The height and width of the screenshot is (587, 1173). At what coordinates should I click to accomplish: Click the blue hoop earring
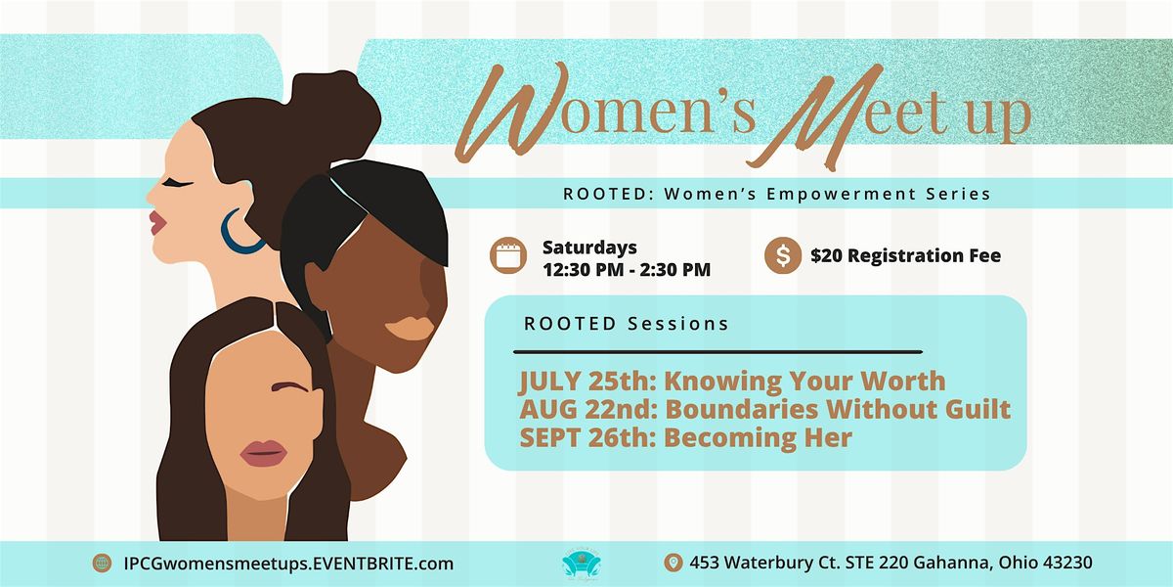[x=231, y=245]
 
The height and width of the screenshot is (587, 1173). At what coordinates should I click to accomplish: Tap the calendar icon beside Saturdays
[x=508, y=255]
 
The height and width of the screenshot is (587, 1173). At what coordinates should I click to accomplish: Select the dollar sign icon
[x=783, y=255]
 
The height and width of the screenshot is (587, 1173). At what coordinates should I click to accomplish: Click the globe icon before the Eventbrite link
[x=102, y=564]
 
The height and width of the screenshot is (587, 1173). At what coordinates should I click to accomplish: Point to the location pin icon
[x=673, y=563]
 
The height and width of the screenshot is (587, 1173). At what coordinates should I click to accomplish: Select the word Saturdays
[x=589, y=248]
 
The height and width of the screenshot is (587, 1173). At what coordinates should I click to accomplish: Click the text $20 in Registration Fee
[x=826, y=255]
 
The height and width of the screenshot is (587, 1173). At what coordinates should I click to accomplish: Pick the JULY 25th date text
[x=587, y=381]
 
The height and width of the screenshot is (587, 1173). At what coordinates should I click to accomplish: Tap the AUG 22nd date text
[x=588, y=409]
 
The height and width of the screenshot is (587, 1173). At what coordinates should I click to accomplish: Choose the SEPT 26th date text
[x=588, y=437]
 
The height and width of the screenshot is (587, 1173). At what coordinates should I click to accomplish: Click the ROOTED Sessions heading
[x=627, y=324]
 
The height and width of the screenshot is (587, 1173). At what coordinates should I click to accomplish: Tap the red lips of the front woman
[x=263, y=453]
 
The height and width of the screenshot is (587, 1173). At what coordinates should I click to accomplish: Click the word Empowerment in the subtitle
[x=842, y=194]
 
